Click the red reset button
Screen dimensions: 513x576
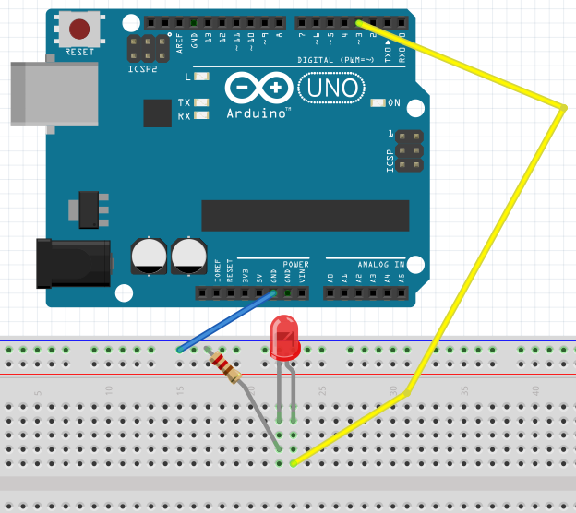(80, 28)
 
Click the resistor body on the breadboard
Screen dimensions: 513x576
(225, 365)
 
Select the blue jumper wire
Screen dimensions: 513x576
(226, 322)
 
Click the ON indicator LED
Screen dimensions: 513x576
(376, 102)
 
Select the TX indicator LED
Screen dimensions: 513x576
(201, 102)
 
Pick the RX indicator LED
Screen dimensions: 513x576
(201, 115)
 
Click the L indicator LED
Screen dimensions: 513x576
(202, 77)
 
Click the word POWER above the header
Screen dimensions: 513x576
(295, 264)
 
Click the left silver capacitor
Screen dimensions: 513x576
(149, 256)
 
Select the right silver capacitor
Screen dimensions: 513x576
(188, 256)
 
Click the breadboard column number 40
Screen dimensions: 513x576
(535, 390)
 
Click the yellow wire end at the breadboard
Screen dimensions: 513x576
(294, 462)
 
